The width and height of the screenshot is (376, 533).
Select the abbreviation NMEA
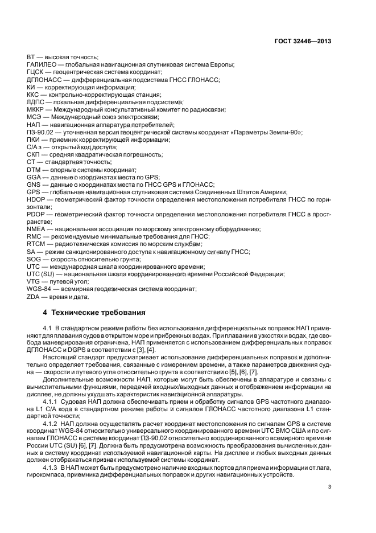(x=36, y=229)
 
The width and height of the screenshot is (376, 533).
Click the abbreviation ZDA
(x=34, y=296)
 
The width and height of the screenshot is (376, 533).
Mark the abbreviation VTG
(x=34, y=281)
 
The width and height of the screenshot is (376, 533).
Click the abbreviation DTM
(x=34, y=170)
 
